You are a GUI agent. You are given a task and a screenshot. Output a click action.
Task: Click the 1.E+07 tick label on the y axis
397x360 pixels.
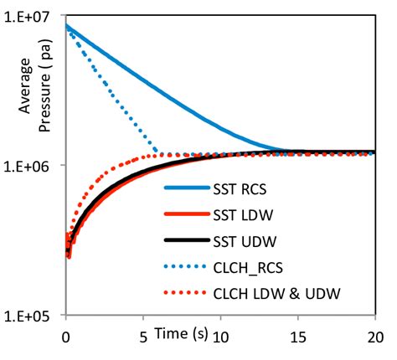pos(30,15)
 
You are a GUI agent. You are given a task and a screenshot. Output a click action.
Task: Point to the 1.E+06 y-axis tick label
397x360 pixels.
pos(30,166)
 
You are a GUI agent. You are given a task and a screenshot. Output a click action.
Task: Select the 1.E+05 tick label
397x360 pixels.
pos(30,316)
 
